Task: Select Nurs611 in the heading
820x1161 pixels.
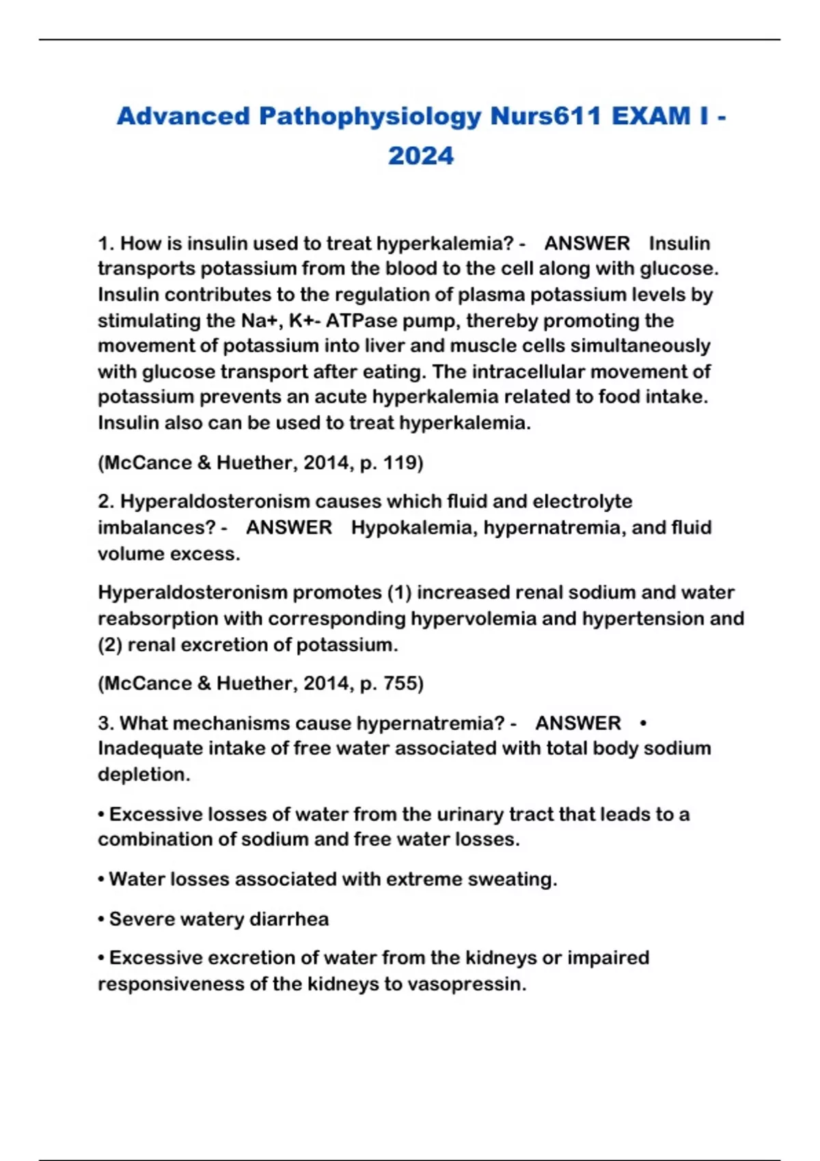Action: pos(545,117)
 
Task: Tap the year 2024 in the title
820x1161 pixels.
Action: pos(421,156)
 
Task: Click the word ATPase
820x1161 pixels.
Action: pos(357,321)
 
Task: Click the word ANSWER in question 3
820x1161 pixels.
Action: pos(578,723)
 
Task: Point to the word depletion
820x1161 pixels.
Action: pos(143,775)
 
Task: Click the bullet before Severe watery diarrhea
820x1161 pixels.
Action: pos(101,919)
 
